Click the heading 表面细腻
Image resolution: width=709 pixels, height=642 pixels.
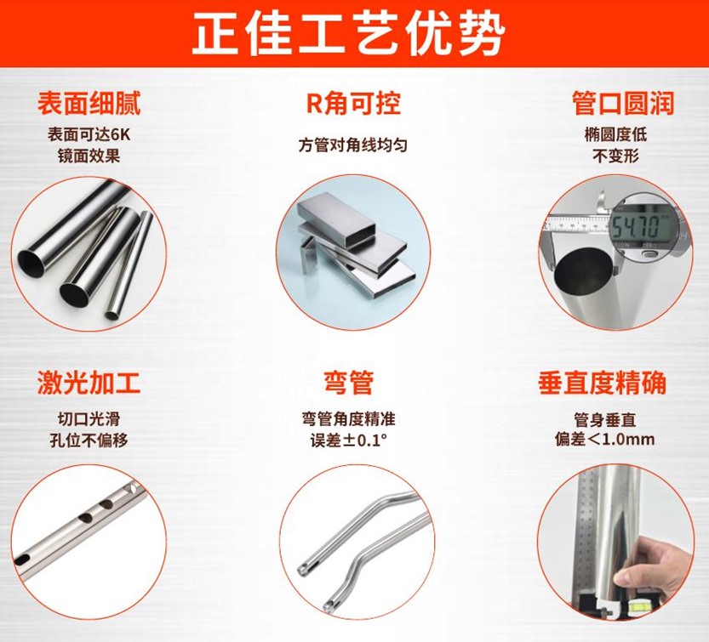point(89,104)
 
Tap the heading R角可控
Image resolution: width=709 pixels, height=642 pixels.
point(353,104)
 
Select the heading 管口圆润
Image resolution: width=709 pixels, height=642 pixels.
point(622,104)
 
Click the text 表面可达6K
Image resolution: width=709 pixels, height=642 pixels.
point(89,135)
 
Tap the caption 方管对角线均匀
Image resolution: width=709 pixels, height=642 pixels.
point(352,145)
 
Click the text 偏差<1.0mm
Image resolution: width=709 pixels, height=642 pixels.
point(615,440)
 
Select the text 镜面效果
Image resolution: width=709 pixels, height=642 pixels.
point(89,156)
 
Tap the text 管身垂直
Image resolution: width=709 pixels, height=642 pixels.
point(615,419)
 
